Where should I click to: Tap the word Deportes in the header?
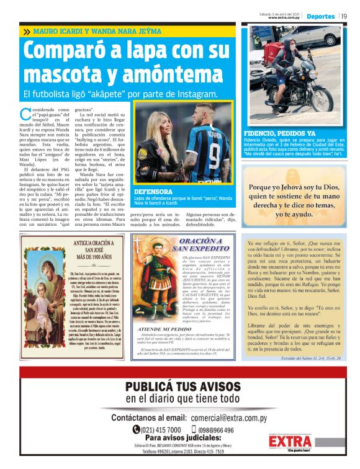click(321, 16)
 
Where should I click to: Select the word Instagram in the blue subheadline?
click(188, 94)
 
